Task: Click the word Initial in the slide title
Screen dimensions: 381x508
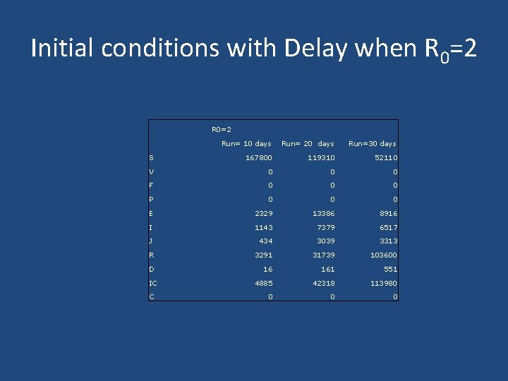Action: [63, 49]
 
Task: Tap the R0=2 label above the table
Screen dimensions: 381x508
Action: [222, 129]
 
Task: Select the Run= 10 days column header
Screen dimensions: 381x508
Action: [246, 143]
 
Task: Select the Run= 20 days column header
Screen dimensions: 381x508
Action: [308, 143]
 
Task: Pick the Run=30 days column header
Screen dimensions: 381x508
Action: [372, 143]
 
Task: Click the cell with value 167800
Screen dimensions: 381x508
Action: [258, 157]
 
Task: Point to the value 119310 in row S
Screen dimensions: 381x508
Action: [321, 157]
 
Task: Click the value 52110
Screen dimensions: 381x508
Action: [386, 157]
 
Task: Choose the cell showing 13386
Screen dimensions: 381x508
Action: [323, 213]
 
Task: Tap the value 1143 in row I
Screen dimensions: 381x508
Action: [262, 227]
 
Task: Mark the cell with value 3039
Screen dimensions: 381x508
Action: [325, 241]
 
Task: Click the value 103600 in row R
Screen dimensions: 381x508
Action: [384, 255]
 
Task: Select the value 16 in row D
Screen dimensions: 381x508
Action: [267, 269]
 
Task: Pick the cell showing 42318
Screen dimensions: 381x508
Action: [323, 283]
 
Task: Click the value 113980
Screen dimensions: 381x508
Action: [384, 283]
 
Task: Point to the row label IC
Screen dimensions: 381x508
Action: [153, 283]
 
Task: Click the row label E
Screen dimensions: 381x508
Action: [152, 213]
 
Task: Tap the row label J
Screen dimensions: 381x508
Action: [152, 241]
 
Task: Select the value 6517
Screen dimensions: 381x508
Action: [388, 227]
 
